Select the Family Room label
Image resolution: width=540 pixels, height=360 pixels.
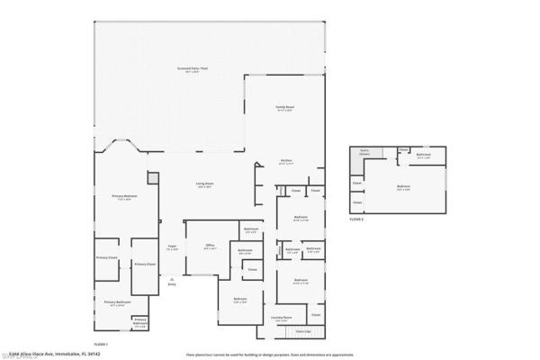285,108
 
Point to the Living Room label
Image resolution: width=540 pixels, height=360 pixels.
204,185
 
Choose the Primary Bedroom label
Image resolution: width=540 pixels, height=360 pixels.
123,197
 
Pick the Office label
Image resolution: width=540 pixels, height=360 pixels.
210,246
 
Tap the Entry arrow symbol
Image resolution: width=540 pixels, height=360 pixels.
172,280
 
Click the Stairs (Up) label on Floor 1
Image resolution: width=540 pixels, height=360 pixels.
291,332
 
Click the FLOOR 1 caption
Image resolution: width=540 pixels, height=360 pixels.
101,345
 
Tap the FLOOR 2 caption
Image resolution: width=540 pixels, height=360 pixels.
358,219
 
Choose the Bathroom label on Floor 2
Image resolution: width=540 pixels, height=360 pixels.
424,155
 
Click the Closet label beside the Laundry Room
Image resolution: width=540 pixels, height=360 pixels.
315,315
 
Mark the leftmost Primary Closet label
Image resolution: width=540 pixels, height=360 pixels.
107,257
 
